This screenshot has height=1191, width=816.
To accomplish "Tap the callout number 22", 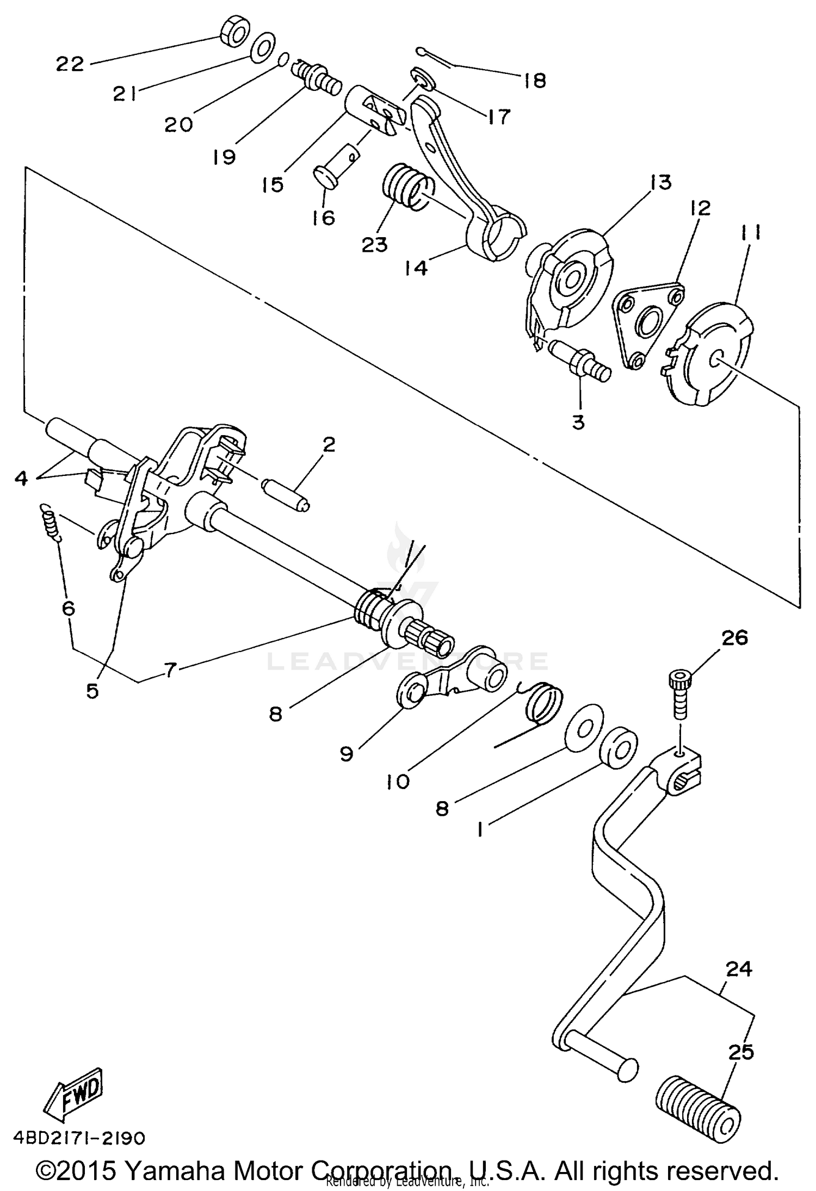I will (x=70, y=64).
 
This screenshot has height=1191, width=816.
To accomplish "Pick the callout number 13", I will (x=660, y=183).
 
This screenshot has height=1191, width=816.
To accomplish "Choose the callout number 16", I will (x=324, y=218).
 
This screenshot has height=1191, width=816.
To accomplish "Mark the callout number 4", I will (x=21, y=478).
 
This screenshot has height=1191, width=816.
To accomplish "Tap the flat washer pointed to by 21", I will (x=263, y=48).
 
